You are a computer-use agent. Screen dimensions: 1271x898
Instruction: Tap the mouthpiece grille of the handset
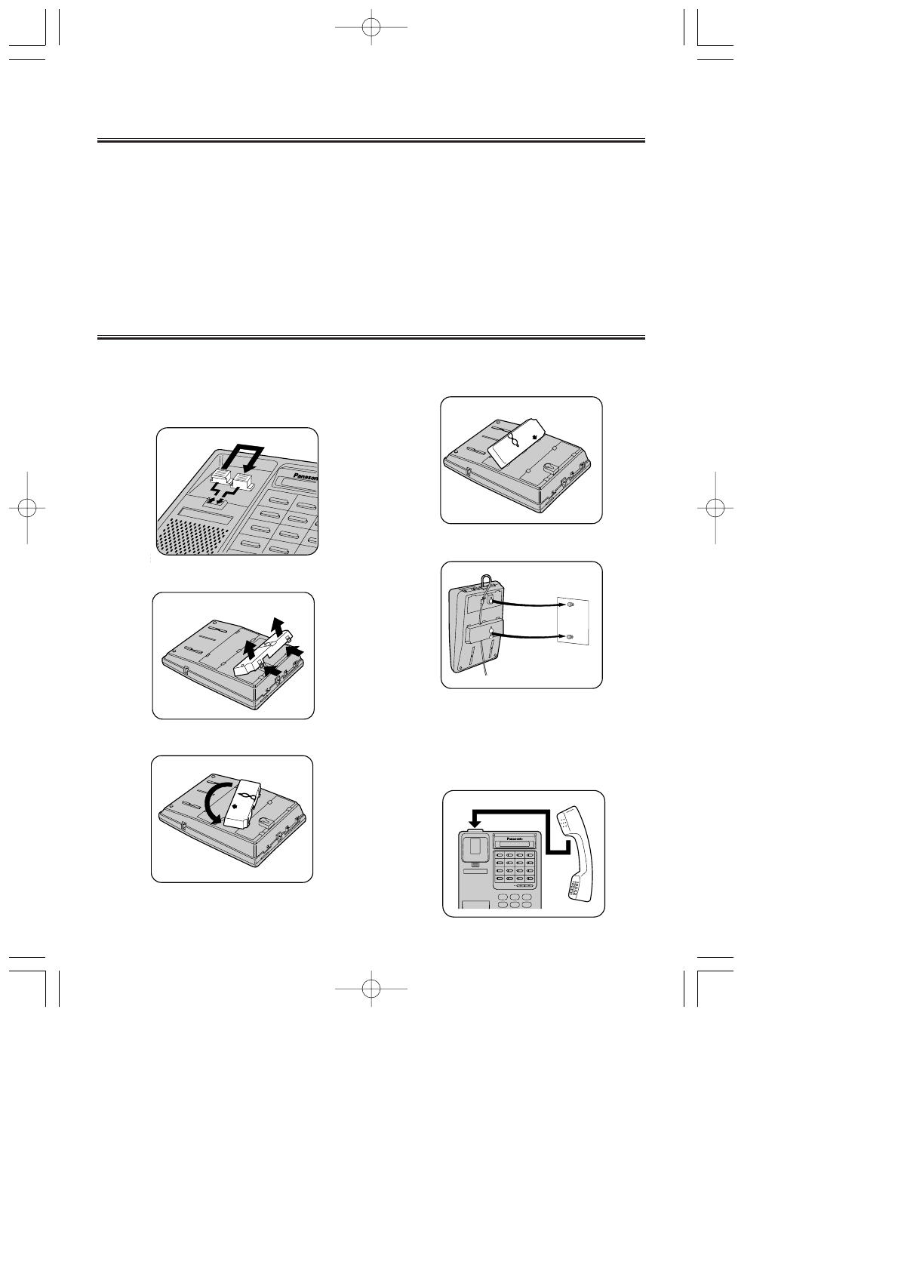click(x=577, y=888)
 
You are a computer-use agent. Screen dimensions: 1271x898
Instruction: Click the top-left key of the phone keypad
click(x=499, y=856)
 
